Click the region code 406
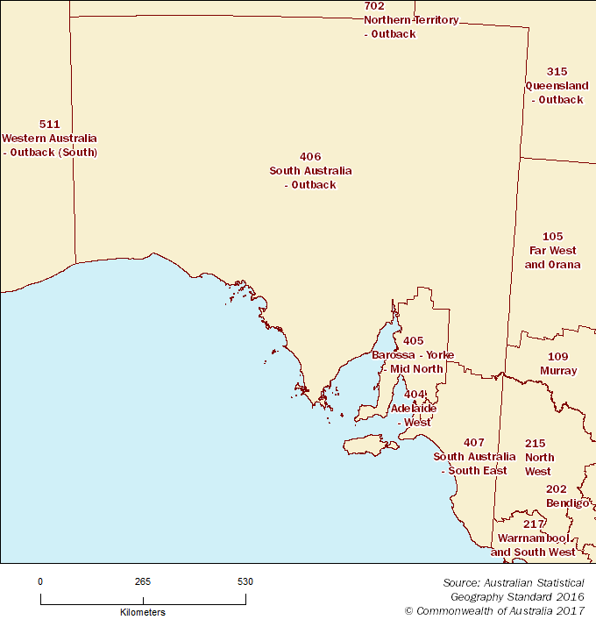pyautogui.click(x=310, y=157)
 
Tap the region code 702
pyautogui.click(x=374, y=6)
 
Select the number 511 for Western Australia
pyautogui.click(x=50, y=125)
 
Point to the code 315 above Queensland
pyautogui.click(x=557, y=72)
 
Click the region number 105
pyautogui.click(x=552, y=237)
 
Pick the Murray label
pyautogui.click(x=558, y=371)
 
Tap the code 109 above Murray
pyautogui.click(x=558, y=357)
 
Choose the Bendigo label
pyautogui.click(x=567, y=503)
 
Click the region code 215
pyautogui.click(x=536, y=444)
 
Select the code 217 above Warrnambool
pyautogui.click(x=534, y=524)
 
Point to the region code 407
pyautogui.click(x=474, y=442)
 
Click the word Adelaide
pyautogui.click(x=414, y=409)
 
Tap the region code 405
pyautogui.click(x=413, y=341)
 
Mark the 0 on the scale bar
pyautogui.click(x=40, y=581)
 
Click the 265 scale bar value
pyautogui.click(x=143, y=581)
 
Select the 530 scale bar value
pyautogui.click(x=245, y=581)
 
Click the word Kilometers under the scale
pyautogui.click(x=143, y=612)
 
